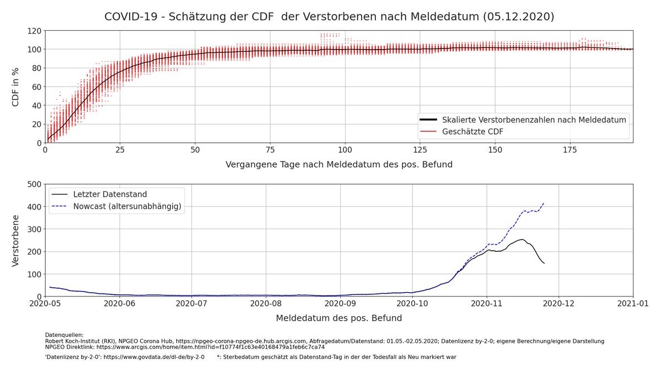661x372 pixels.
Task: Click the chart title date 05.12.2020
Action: [x=518, y=17]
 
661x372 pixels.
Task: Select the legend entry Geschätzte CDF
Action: [x=472, y=131]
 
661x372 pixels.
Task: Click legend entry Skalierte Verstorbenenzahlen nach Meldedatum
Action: [x=534, y=120]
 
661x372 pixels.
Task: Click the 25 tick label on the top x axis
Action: [x=120, y=150]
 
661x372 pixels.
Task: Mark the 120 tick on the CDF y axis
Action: [x=35, y=31]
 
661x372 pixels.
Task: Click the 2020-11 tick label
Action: [x=486, y=304]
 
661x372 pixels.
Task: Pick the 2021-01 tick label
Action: [x=632, y=304]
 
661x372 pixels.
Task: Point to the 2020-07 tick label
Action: [x=192, y=304]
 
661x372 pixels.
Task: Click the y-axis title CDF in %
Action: [x=16, y=87]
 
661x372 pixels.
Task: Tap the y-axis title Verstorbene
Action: [x=16, y=240]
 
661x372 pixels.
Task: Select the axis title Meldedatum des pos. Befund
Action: [x=338, y=318]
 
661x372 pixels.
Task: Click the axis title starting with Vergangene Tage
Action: [x=338, y=164]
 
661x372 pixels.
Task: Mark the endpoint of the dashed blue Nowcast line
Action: [x=544, y=202]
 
